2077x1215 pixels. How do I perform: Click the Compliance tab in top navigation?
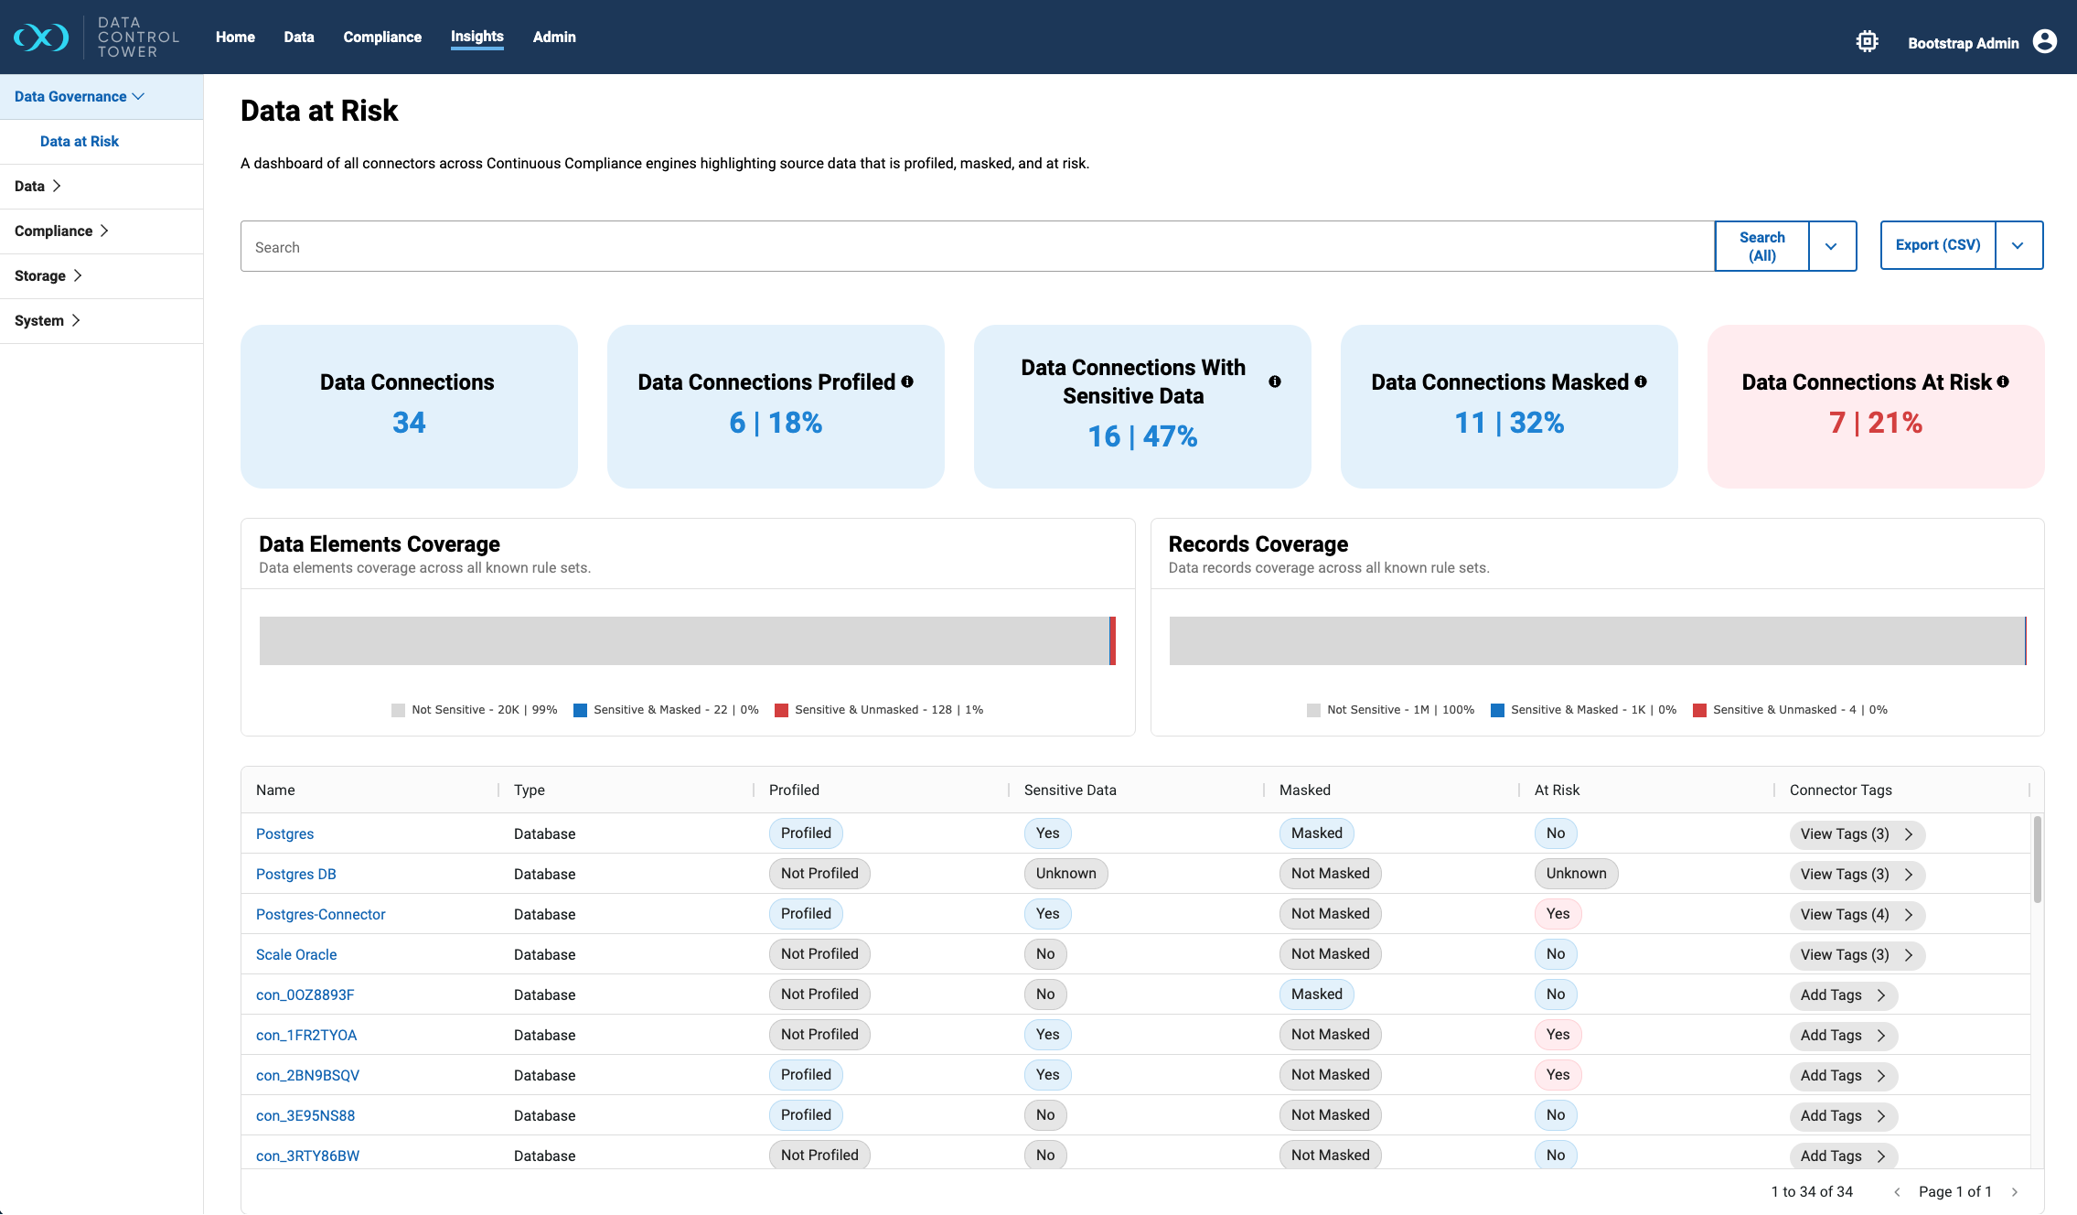pyautogui.click(x=382, y=38)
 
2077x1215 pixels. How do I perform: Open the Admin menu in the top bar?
pyautogui.click(x=554, y=38)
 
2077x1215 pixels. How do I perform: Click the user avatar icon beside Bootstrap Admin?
pyautogui.click(x=2045, y=42)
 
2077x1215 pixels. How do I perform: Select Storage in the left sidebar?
pyautogui.click(x=40, y=276)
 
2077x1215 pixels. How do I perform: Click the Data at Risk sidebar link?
pyautogui.click(x=80, y=142)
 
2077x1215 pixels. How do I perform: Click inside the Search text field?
pyautogui.click(x=976, y=247)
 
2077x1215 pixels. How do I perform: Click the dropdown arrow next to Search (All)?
pyautogui.click(x=1831, y=246)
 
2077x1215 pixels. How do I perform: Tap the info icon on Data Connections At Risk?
pyautogui.click(x=2003, y=382)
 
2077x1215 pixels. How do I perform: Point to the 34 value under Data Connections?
pyautogui.click(x=409, y=423)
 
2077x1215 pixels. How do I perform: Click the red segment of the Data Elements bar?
pyautogui.click(x=1112, y=640)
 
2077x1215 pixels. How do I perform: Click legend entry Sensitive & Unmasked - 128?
pyautogui.click(x=878, y=710)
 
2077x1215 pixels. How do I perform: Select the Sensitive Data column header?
pyautogui.click(x=1070, y=790)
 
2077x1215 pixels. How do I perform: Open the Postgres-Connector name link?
pyautogui.click(x=320, y=915)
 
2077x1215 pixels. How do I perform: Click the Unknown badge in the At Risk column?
pyautogui.click(x=1576, y=874)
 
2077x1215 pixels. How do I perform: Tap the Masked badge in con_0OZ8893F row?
pyautogui.click(x=1316, y=995)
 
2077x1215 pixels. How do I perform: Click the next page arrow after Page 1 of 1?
pyautogui.click(x=2015, y=1192)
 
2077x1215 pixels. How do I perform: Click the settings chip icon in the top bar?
pyautogui.click(x=1867, y=42)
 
